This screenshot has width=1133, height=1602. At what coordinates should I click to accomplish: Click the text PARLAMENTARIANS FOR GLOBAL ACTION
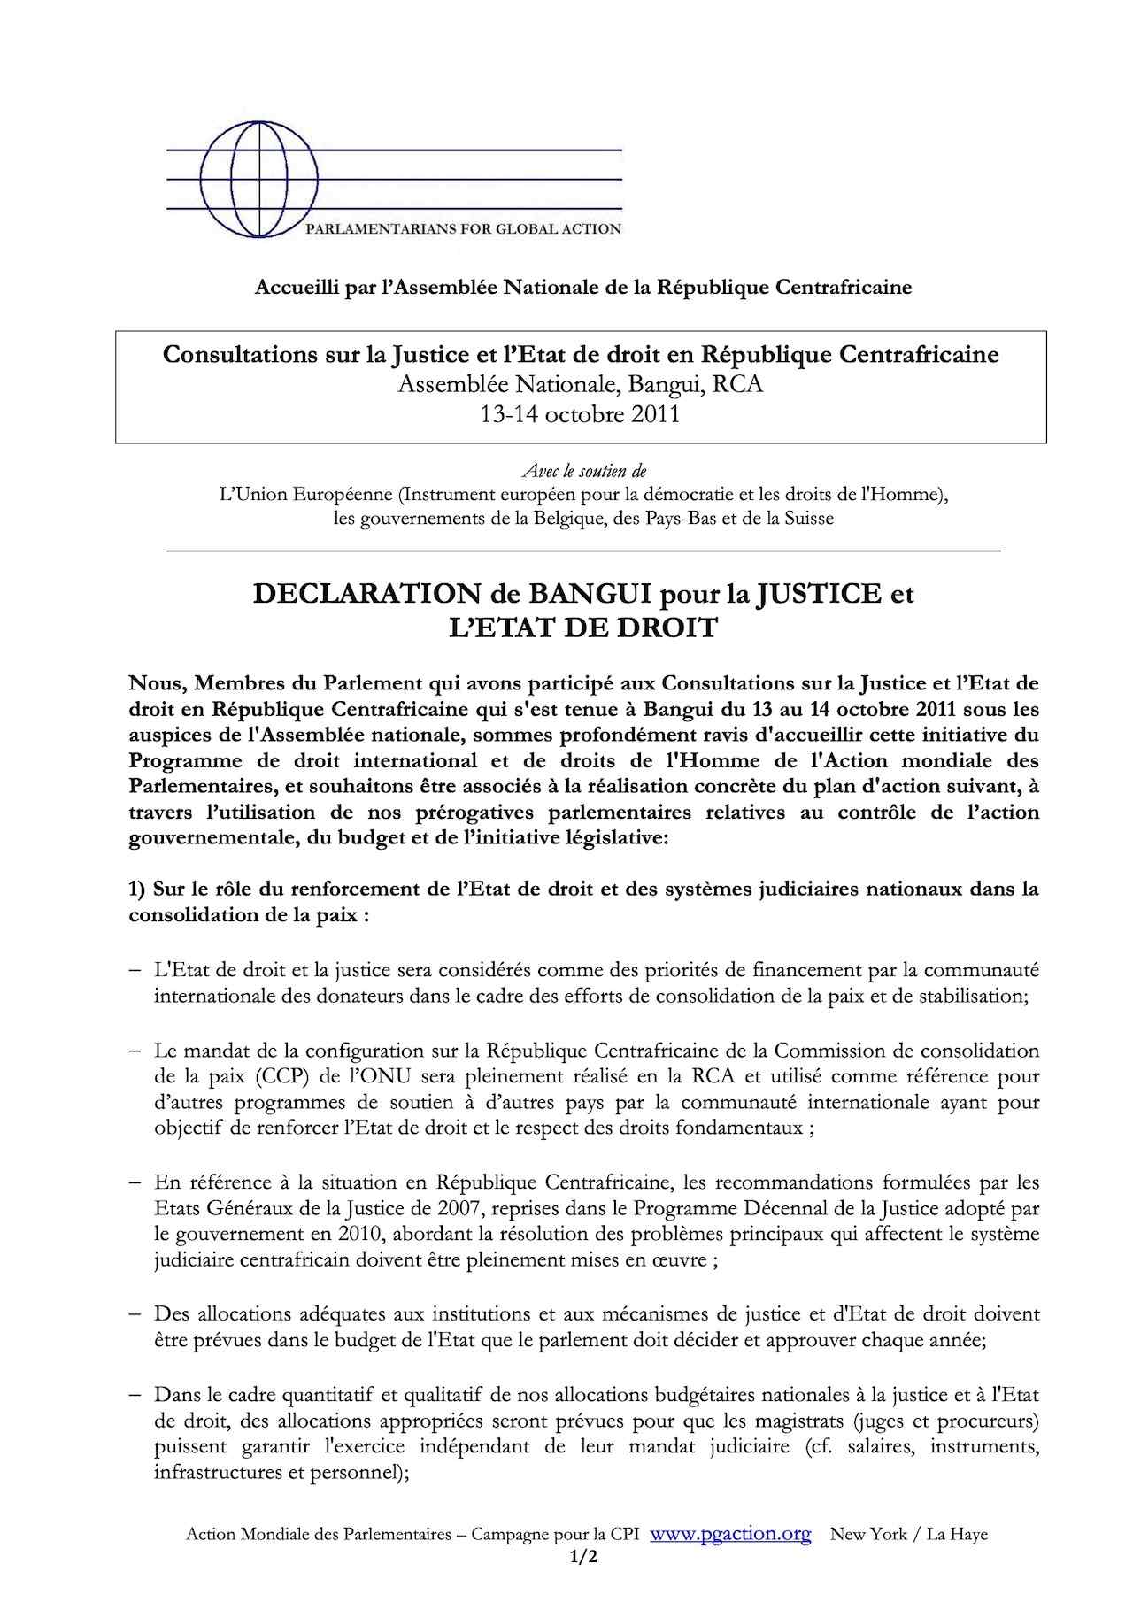tap(463, 229)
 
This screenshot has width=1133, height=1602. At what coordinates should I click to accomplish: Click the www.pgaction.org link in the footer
tap(730, 1535)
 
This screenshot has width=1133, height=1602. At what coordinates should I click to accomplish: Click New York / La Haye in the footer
tap(908, 1535)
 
